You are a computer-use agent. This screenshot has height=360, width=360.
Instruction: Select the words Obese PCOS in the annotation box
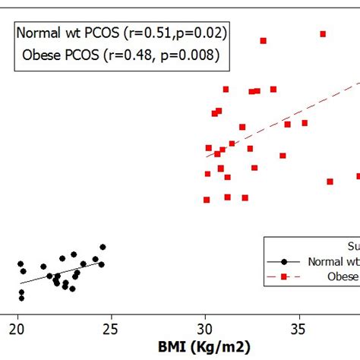(62, 55)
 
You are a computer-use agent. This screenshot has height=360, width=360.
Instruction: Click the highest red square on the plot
(323, 33)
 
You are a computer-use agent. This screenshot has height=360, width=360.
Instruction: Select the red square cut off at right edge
(358, 176)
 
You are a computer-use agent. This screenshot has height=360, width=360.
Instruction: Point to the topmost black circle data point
(103, 247)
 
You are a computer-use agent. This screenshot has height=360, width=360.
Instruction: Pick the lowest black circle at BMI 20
(21, 298)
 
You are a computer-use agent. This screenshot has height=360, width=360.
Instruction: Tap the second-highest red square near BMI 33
(264, 40)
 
